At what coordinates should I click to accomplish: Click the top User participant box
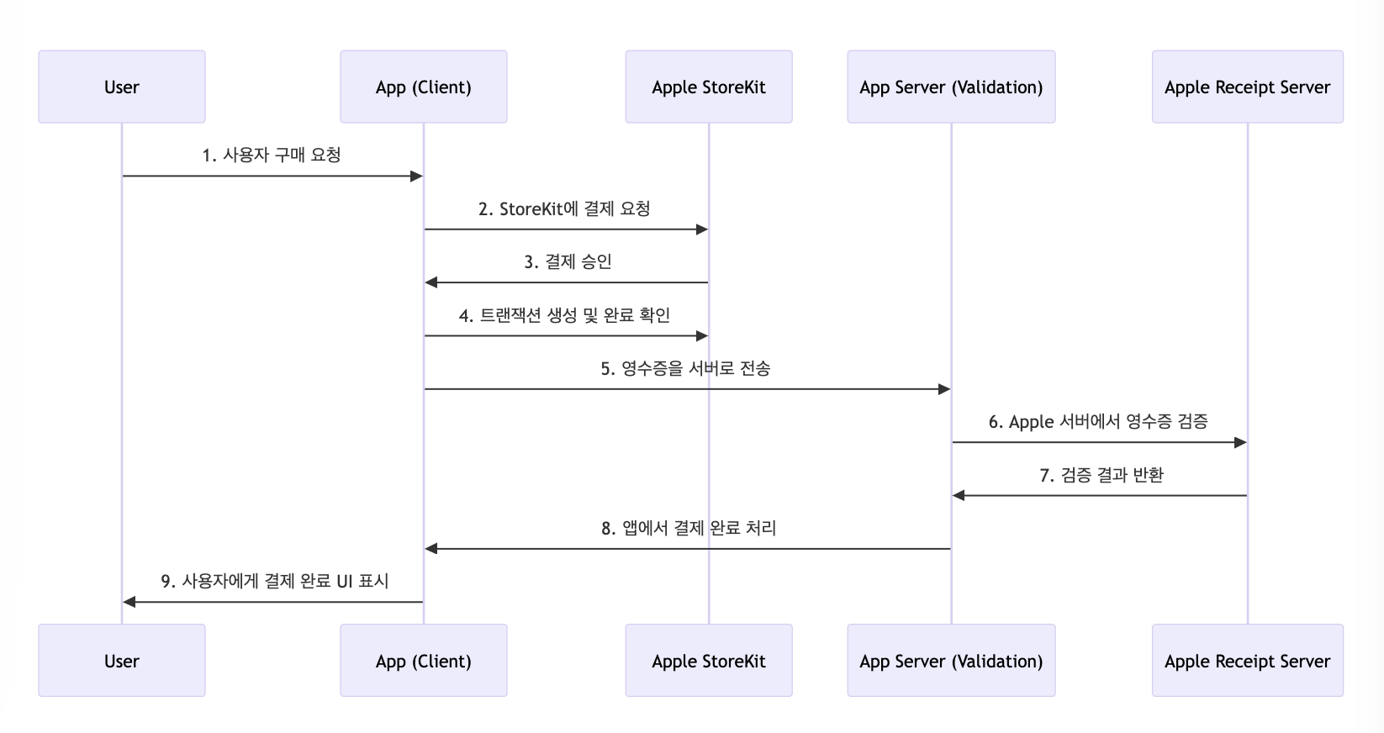click(x=121, y=87)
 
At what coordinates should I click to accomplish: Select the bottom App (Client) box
click(x=423, y=661)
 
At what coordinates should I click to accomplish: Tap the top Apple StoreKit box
click(x=708, y=87)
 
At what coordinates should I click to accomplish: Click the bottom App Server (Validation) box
click(x=950, y=661)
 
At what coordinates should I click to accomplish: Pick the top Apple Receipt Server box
click(x=1246, y=87)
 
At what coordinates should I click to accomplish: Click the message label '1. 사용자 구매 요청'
click(x=272, y=156)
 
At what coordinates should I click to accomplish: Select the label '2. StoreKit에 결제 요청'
click(x=564, y=209)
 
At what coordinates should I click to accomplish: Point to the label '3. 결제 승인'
click(x=568, y=262)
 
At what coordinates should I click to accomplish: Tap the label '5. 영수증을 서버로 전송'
click(x=685, y=369)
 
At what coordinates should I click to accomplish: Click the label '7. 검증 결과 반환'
click(x=1101, y=476)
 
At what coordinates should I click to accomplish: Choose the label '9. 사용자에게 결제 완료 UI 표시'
click(x=274, y=582)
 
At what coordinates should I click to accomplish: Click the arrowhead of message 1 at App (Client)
click(x=416, y=177)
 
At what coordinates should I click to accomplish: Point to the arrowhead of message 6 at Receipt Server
click(x=1240, y=442)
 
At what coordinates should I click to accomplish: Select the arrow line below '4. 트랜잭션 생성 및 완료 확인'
click(x=565, y=336)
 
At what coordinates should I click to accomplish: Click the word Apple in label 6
click(x=1031, y=422)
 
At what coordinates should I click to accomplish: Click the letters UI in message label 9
click(x=344, y=582)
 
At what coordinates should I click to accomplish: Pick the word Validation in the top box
click(x=996, y=87)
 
